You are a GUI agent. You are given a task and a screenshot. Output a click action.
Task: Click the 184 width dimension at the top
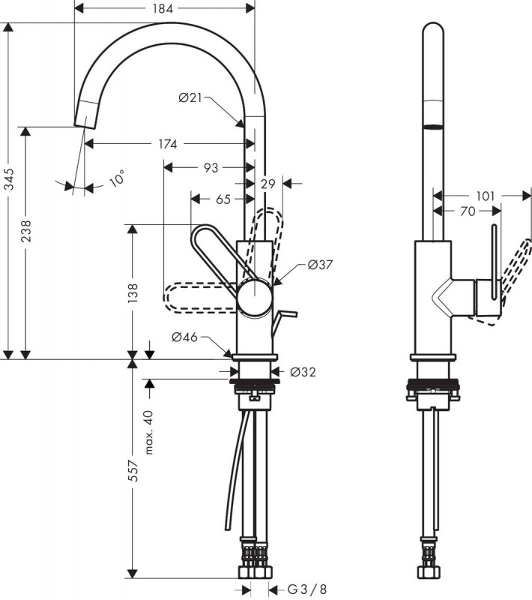click(x=163, y=8)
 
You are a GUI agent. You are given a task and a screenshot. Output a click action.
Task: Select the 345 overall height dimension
click(x=8, y=178)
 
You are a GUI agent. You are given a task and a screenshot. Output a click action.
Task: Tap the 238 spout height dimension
click(x=26, y=231)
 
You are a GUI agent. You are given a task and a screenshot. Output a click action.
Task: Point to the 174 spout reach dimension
click(x=168, y=144)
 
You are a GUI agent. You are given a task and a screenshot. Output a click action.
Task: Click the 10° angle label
click(x=117, y=178)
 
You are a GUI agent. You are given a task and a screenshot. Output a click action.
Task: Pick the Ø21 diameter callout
click(x=190, y=98)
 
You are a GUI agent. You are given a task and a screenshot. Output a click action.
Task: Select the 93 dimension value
click(x=211, y=167)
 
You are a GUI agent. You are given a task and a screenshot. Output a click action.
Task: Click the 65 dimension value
click(x=223, y=199)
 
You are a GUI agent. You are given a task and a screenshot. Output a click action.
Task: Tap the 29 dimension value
click(x=268, y=184)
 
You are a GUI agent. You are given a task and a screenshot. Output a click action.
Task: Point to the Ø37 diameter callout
click(x=320, y=265)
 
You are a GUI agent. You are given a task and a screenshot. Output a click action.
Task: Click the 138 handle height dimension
click(x=132, y=292)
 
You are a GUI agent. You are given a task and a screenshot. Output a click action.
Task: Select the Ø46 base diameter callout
click(x=185, y=337)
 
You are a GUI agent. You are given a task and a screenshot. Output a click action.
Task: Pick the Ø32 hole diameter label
click(x=303, y=371)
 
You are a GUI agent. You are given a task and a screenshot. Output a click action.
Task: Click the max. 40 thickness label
click(x=149, y=433)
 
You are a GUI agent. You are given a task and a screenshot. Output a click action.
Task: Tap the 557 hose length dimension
click(x=132, y=470)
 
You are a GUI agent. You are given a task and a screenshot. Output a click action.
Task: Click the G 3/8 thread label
click(x=308, y=589)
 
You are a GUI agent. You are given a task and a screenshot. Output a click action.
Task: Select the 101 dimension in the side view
click(x=486, y=196)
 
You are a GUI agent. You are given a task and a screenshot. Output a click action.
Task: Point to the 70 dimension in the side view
click(x=468, y=211)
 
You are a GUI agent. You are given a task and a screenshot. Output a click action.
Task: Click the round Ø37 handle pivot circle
click(x=255, y=298)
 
